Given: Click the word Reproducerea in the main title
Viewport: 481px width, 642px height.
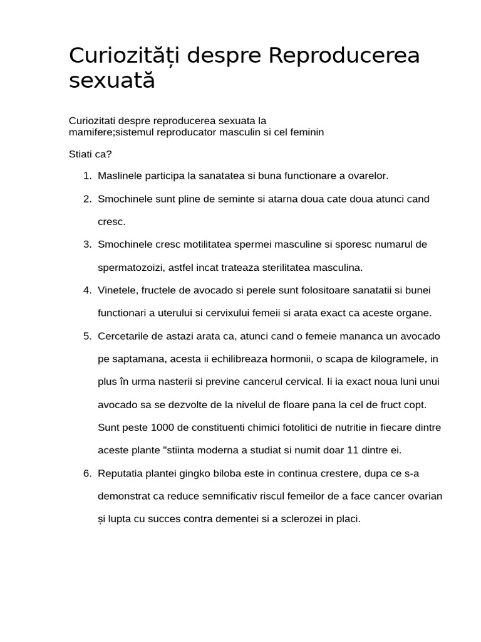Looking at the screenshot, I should [344, 56].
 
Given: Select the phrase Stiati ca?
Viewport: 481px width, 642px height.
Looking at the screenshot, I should [90, 154].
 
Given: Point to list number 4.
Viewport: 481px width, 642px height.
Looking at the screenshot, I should [87, 290].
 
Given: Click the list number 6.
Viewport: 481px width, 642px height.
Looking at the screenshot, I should [87, 473].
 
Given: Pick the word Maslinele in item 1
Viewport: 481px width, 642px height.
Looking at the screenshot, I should [119, 176].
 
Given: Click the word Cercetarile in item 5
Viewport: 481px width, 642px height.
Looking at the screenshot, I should [124, 336].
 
